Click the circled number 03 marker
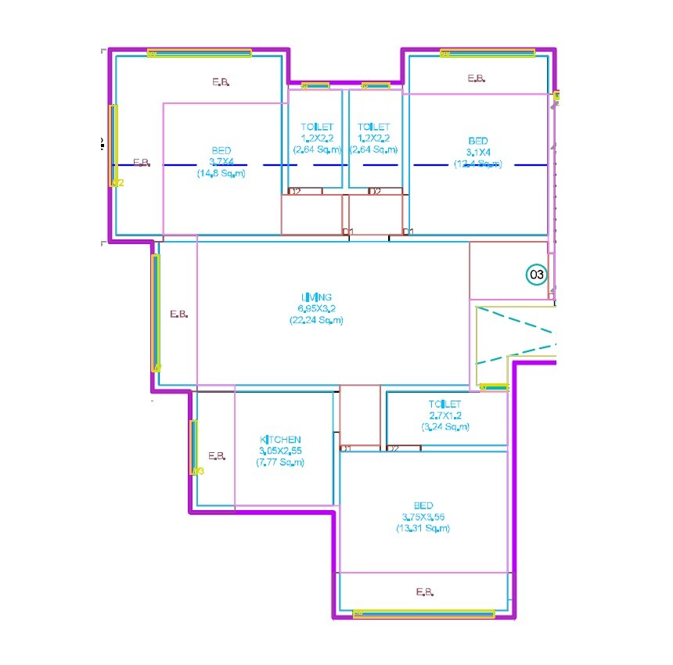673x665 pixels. (x=537, y=275)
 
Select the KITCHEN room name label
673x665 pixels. (x=280, y=440)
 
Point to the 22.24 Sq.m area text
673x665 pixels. (x=316, y=320)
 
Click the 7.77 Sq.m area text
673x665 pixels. (x=280, y=462)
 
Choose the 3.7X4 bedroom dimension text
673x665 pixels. (x=221, y=161)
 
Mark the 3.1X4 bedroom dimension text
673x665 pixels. (x=478, y=152)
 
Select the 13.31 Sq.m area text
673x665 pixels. (x=423, y=529)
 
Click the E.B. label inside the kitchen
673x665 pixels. (x=217, y=455)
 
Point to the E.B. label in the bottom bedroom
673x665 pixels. (x=425, y=592)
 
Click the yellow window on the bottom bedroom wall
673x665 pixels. (x=424, y=614)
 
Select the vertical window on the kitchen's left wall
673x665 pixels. (x=194, y=447)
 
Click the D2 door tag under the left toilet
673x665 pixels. (x=295, y=191)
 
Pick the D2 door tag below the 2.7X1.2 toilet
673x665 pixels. (x=394, y=448)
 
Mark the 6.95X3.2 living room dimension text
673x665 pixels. (x=316, y=308)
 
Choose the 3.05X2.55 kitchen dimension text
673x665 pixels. (x=280, y=451)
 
